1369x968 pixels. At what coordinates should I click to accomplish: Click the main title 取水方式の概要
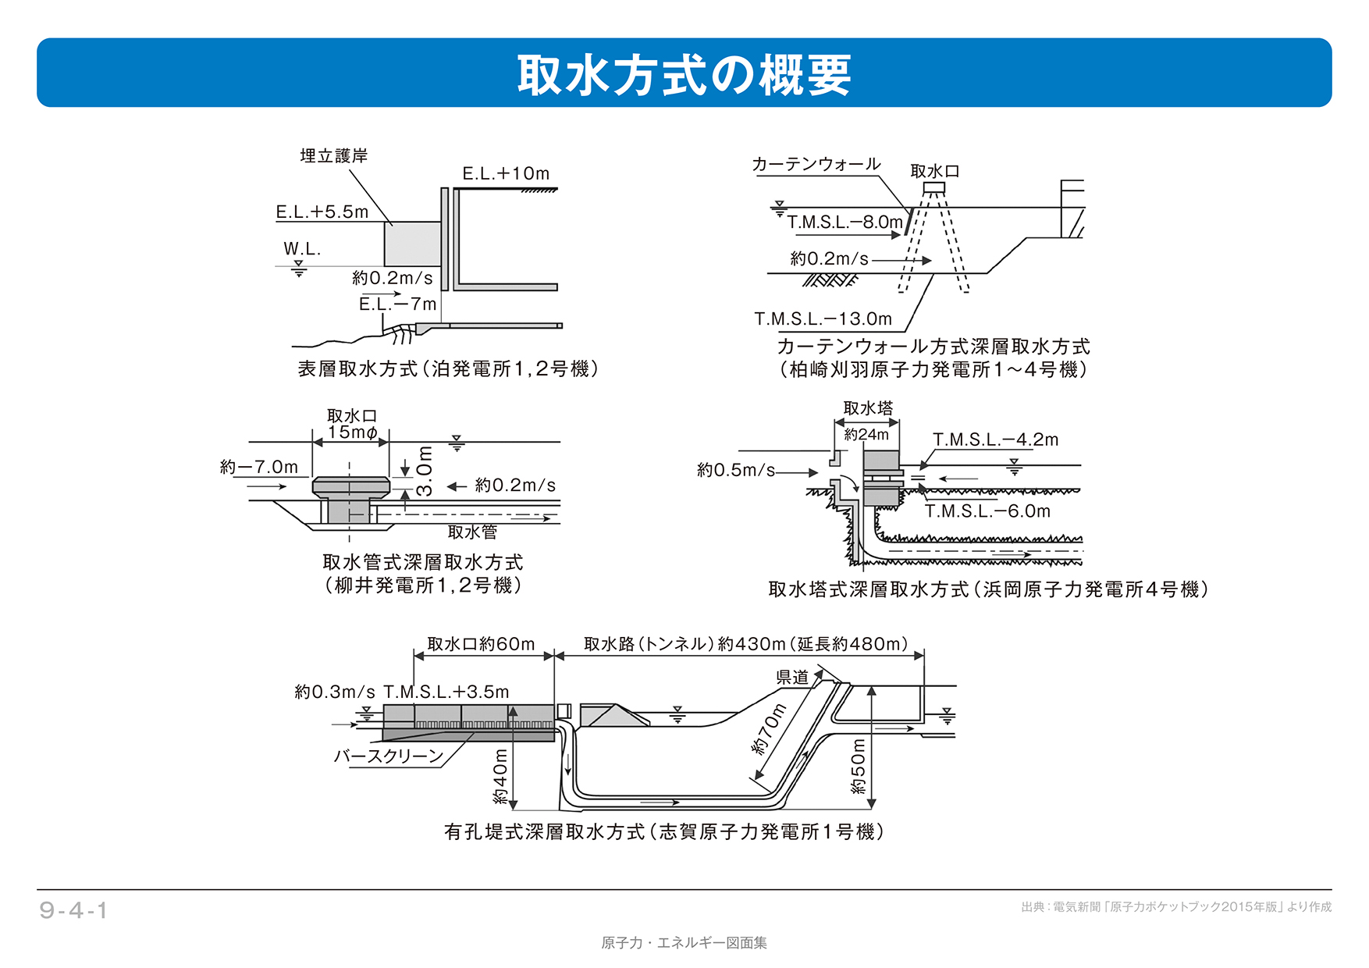[x=684, y=75]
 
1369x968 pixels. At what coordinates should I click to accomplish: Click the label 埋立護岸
[x=334, y=156]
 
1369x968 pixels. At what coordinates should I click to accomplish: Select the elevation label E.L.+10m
[x=506, y=173]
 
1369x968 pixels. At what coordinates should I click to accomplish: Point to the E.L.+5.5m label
[x=322, y=212]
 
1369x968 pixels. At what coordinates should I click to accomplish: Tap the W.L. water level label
[x=302, y=249]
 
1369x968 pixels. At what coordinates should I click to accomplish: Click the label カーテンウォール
[x=816, y=164]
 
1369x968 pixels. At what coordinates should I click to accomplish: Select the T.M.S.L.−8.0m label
[x=845, y=222]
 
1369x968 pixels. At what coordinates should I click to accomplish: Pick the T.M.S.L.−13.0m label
[x=823, y=319]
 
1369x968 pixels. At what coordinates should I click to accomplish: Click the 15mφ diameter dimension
[x=352, y=432]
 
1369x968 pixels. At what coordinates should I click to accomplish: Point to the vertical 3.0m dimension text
[x=424, y=472]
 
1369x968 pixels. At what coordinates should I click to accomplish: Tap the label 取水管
[x=472, y=532]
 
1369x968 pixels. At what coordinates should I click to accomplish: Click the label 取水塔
[x=868, y=408]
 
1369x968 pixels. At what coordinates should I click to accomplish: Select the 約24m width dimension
[x=866, y=435]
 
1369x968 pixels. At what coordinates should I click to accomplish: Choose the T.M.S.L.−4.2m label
[x=995, y=440]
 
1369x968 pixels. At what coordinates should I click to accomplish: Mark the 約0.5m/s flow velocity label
[x=735, y=470]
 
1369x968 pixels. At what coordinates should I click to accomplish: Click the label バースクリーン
[x=388, y=756]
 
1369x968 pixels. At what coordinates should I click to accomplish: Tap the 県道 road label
[x=792, y=678]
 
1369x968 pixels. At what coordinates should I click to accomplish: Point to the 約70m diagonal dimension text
[x=769, y=728]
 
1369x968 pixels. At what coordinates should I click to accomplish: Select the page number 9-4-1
[x=73, y=910]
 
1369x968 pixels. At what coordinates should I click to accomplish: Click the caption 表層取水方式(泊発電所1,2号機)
[x=448, y=368]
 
